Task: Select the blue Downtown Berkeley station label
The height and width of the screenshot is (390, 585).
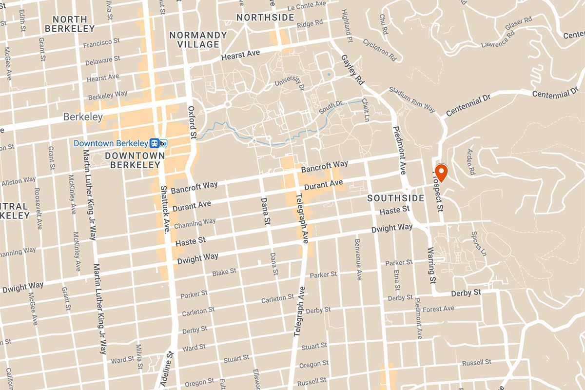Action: click(x=110, y=143)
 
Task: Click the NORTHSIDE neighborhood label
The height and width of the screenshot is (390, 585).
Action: click(x=265, y=18)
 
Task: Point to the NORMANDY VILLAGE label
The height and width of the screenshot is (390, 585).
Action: click(x=197, y=39)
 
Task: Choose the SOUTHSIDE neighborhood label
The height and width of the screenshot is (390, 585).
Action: click(x=395, y=198)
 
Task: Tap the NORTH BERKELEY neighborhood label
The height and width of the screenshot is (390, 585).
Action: click(x=69, y=24)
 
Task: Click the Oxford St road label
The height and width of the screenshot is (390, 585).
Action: click(x=192, y=122)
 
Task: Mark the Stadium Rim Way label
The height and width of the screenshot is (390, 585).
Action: click(x=412, y=99)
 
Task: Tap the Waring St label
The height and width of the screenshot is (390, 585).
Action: click(x=431, y=266)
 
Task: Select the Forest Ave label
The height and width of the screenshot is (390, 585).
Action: click(x=438, y=309)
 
